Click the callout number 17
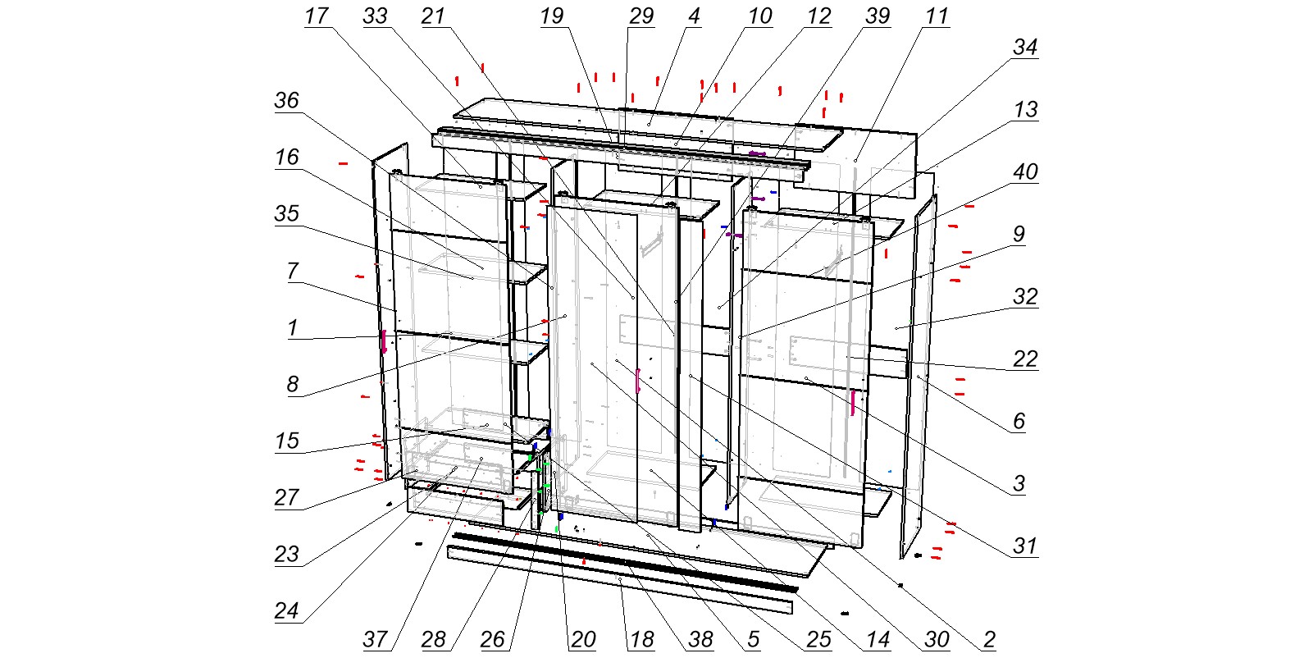pos(317,16)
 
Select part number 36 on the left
pos(287,100)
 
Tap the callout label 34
pos(1025,48)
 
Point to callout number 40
pos(1025,171)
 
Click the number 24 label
pos(287,611)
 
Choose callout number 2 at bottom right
pos(989,639)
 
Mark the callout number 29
pos(641,16)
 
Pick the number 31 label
pos(1025,546)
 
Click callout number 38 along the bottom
pos(700,639)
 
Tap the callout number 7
pos(293,272)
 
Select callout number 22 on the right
pos(1025,359)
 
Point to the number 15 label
pos(287,441)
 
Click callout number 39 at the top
pos(878,16)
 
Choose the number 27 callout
pos(287,498)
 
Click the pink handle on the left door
pos(384,341)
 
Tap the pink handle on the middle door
pos(638,381)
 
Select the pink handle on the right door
pos(853,403)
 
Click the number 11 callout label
pos(937,16)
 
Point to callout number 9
pos(1019,234)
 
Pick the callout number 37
pos(375,639)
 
